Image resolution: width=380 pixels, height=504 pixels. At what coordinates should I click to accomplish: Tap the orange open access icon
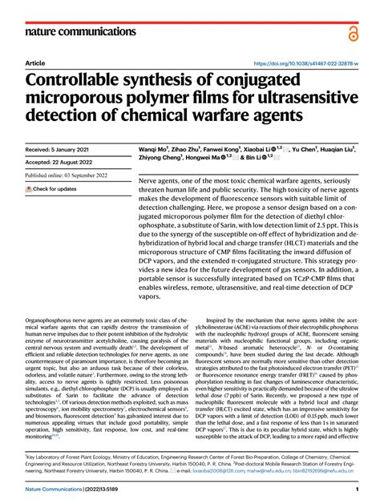tap(353, 31)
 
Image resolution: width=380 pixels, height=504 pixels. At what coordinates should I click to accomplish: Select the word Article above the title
tap(35, 63)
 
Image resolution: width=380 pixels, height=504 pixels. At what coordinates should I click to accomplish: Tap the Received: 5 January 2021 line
tap(59, 149)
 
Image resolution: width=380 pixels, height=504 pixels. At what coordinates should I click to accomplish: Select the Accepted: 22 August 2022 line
tap(58, 163)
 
